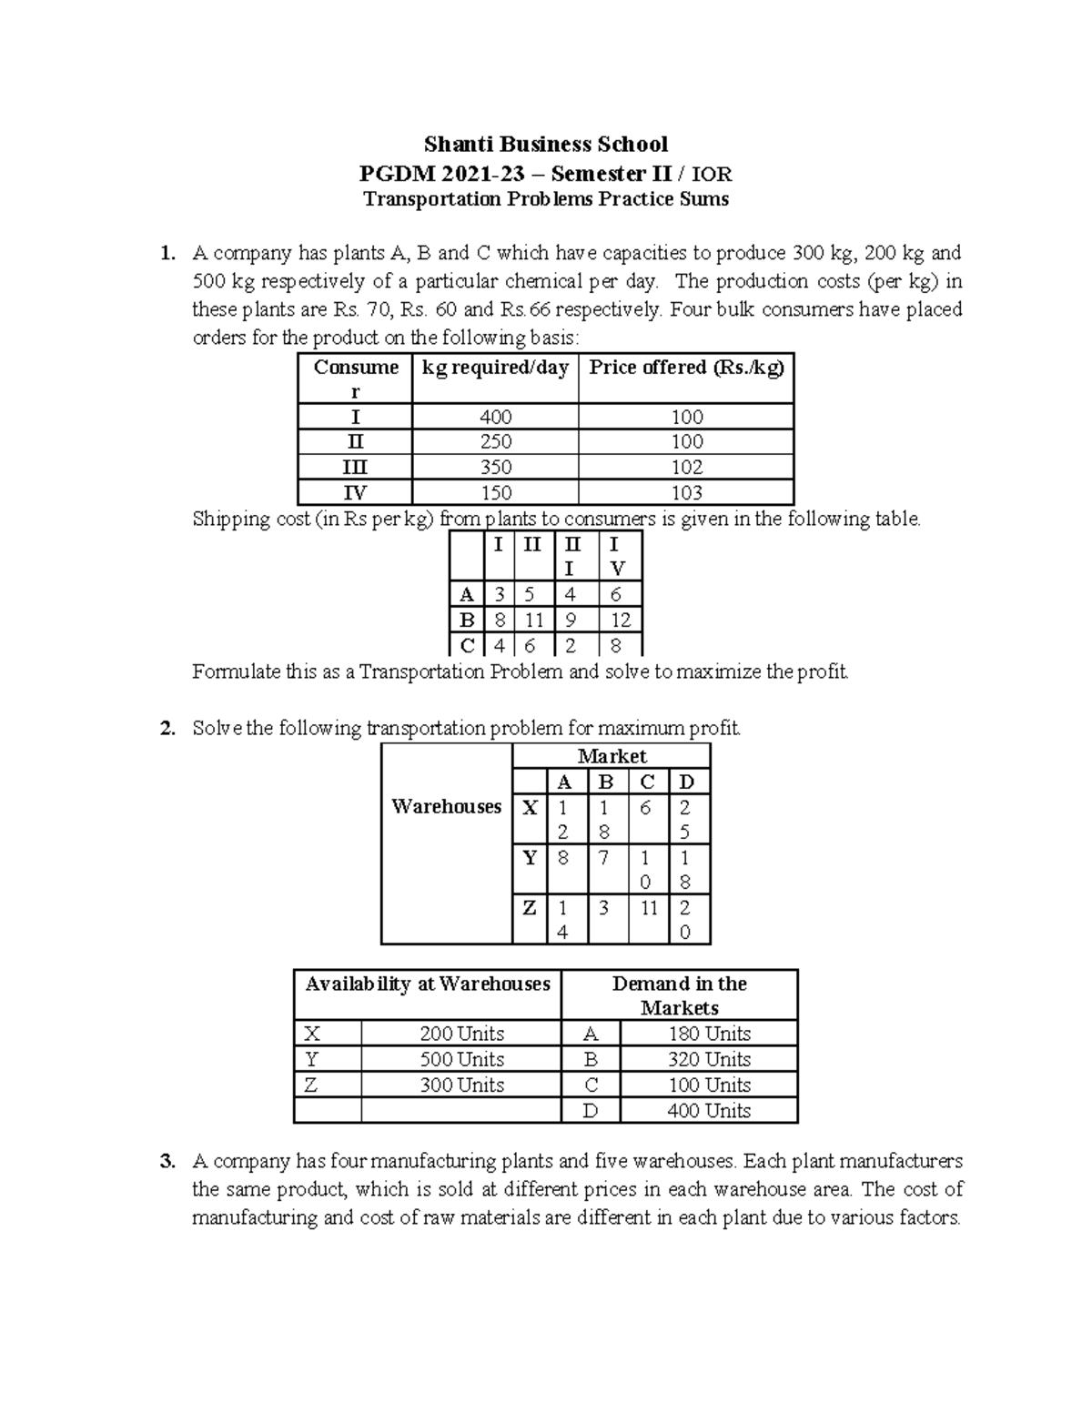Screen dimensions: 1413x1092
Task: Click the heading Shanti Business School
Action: click(x=546, y=144)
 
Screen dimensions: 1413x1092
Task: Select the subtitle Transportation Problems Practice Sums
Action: click(x=546, y=199)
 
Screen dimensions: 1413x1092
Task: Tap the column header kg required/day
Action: click(x=495, y=368)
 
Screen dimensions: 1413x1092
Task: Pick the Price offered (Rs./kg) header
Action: click(x=686, y=368)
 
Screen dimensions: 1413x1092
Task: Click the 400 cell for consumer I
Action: click(x=495, y=417)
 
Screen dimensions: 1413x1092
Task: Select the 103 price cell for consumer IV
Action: click(x=686, y=493)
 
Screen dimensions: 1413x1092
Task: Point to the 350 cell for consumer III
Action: click(x=495, y=468)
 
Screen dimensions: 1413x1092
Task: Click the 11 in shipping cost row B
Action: click(x=533, y=621)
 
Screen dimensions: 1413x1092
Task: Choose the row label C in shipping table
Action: click(x=467, y=646)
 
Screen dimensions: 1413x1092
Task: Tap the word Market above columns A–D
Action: click(x=612, y=756)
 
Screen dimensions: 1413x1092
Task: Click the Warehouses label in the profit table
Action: click(x=446, y=806)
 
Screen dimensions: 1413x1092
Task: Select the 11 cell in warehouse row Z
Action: click(x=648, y=908)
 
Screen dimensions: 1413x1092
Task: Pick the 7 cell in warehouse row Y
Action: click(x=603, y=857)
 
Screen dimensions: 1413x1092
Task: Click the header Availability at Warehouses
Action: click(x=428, y=984)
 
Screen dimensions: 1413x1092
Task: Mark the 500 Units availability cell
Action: click(x=461, y=1059)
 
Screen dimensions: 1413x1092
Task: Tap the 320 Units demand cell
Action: click(x=708, y=1059)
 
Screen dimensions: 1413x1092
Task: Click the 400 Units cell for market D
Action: click(x=708, y=1111)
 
